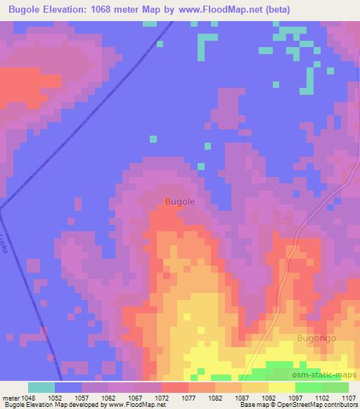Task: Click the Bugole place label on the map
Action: (179, 201)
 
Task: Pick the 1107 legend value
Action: (347, 398)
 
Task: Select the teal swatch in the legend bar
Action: (41, 387)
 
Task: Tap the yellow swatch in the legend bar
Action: (281, 387)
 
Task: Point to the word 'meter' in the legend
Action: (12, 398)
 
